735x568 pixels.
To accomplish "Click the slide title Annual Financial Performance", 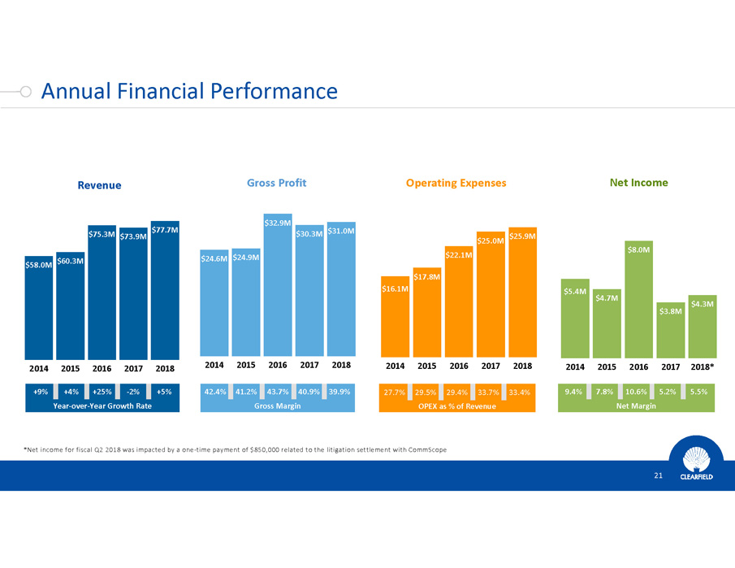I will pyautogui.click(x=188, y=91).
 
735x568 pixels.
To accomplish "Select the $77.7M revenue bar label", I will pyautogui.click(x=165, y=230).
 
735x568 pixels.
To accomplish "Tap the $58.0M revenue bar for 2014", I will pyautogui.click(x=38, y=305).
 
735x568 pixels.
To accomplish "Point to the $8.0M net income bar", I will pyautogui.click(x=638, y=301).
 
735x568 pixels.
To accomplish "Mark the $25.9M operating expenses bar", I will pyautogui.click(x=522, y=293).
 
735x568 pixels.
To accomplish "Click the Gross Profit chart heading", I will pyautogui.click(x=276, y=183).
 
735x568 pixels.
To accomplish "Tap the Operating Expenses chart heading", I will pyautogui.click(x=456, y=183).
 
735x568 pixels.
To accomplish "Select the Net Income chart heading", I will pyautogui.click(x=638, y=183).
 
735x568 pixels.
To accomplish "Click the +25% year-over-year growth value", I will pyautogui.click(x=102, y=392).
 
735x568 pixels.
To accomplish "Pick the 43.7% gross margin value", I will pyautogui.click(x=279, y=392).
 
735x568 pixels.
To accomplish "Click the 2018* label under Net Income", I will pyautogui.click(x=701, y=366).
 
